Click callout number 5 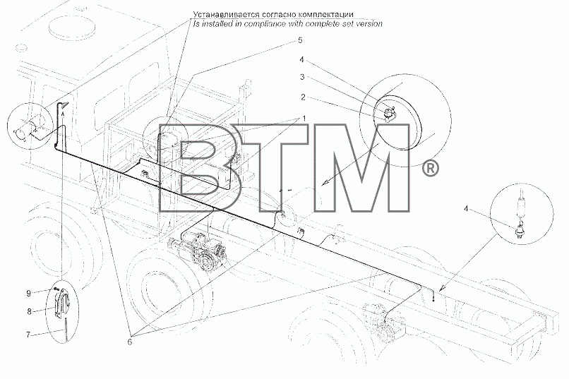coord(300,40)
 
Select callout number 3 coord(302,77)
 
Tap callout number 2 coord(303,97)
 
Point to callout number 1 coord(304,119)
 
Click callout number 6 coord(130,342)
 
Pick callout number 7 coord(28,335)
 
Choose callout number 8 coord(29,311)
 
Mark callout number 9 coord(29,294)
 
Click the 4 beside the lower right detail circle coord(466,208)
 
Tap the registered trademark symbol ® coord(431,168)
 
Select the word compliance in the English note coord(274,24)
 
